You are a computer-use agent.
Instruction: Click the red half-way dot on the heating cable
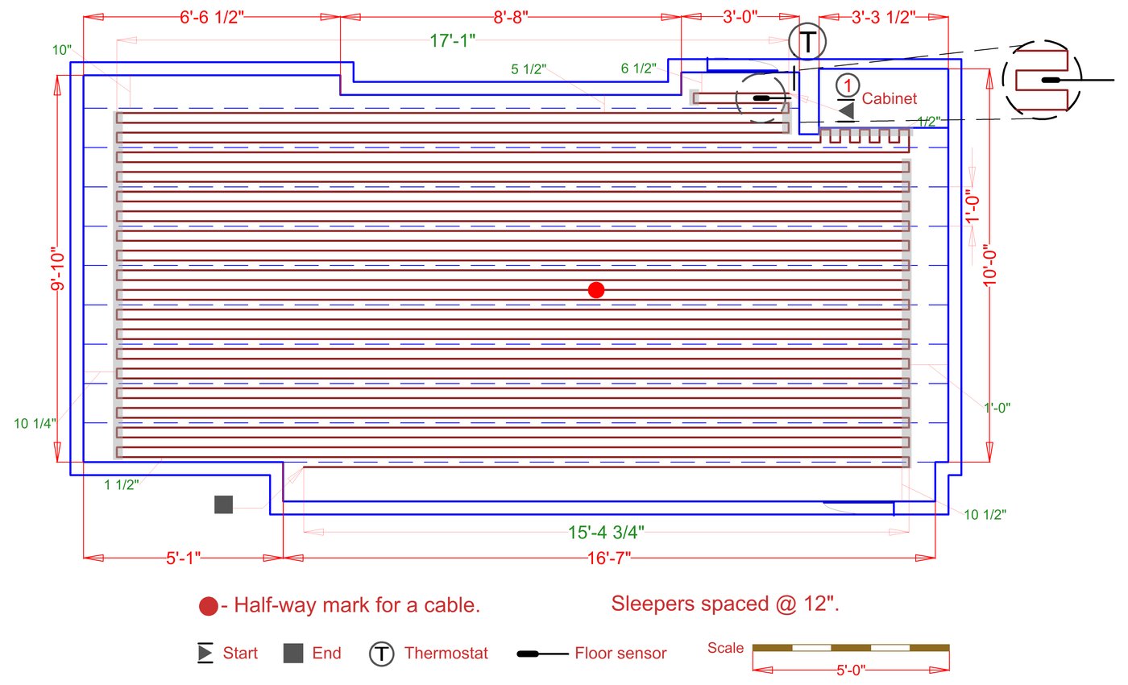(596, 290)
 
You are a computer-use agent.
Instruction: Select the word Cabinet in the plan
(890, 99)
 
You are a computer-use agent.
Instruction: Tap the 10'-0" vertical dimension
(992, 266)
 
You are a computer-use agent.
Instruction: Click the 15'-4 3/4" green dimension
(606, 532)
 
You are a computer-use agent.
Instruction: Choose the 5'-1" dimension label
(184, 558)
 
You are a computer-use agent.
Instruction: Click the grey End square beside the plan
(223, 504)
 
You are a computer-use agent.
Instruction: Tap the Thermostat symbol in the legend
(381, 654)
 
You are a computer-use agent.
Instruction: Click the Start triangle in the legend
(205, 653)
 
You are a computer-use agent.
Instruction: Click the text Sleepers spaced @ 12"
(725, 603)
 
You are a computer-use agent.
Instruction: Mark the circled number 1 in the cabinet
(845, 83)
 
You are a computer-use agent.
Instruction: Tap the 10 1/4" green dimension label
(34, 423)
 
